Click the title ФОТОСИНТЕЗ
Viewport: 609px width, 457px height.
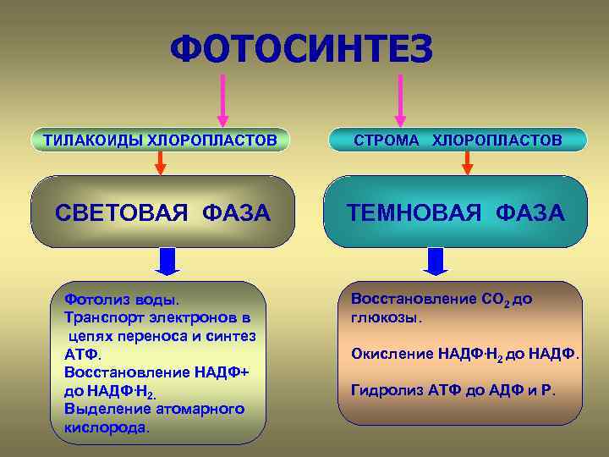pos(302,48)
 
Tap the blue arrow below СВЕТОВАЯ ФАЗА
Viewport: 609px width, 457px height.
pos(167,261)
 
